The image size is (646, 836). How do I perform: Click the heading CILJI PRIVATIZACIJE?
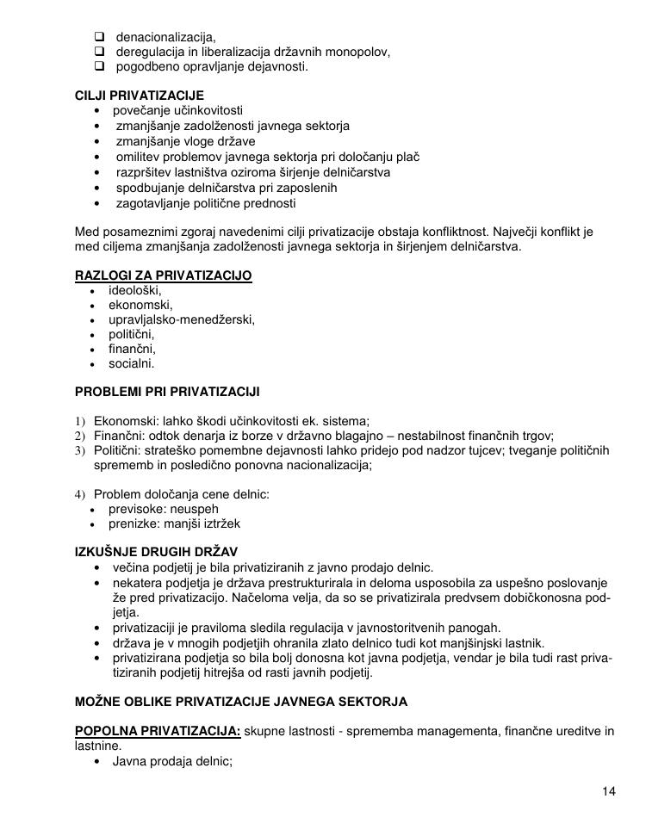click(x=140, y=95)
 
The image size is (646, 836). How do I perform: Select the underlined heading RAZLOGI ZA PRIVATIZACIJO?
click(x=164, y=276)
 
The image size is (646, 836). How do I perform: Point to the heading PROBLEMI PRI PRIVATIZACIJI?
click(x=167, y=392)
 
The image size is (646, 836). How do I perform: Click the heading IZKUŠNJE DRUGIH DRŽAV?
click(x=157, y=551)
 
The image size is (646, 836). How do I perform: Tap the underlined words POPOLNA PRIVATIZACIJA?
click(x=158, y=731)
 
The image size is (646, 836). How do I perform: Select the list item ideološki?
click(x=135, y=290)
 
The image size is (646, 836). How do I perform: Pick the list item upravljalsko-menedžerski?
click(x=182, y=319)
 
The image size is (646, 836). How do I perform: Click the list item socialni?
click(x=132, y=363)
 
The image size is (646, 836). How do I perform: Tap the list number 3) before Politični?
click(x=81, y=450)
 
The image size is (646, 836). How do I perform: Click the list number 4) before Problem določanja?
click(x=81, y=494)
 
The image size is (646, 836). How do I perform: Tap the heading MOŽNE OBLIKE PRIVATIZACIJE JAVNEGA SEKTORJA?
click(x=241, y=702)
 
